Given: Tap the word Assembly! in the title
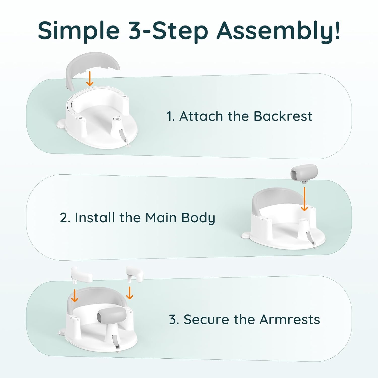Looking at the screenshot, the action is [278, 31].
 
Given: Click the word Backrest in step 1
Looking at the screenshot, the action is [283, 116].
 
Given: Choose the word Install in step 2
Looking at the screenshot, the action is [95, 217].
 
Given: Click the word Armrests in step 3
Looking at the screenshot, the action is [290, 320].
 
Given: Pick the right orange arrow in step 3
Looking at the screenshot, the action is [129, 293].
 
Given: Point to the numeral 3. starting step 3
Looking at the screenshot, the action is [174, 320].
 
